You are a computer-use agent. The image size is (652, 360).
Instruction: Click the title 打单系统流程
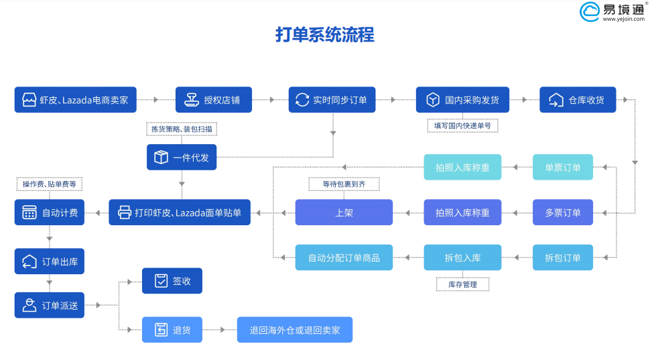click(x=325, y=35)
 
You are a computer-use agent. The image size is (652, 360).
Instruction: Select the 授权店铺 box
click(x=214, y=100)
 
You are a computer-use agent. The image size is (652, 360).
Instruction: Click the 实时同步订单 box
click(x=332, y=100)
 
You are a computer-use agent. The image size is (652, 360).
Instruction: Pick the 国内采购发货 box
click(x=462, y=100)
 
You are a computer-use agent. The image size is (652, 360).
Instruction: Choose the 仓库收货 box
click(x=578, y=100)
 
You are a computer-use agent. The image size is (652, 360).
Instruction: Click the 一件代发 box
click(x=182, y=158)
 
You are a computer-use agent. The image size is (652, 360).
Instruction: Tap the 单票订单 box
click(x=563, y=168)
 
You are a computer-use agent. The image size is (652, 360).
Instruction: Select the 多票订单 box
click(x=563, y=213)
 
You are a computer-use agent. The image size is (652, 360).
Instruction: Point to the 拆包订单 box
click(x=563, y=257)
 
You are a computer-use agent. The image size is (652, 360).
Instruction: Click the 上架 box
click(x=344, y=213)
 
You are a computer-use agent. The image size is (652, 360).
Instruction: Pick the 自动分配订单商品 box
click(x=344, y=257)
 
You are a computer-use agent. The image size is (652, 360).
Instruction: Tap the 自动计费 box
click(x=50, y=213)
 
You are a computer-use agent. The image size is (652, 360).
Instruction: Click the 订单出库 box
click(x=50, y=261)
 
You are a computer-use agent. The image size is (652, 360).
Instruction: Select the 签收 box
click(x=172, y=281)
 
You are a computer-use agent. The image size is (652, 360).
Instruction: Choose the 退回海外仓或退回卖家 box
click(x=295, y=330)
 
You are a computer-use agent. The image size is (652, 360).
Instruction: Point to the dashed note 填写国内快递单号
click(x=462, y=125)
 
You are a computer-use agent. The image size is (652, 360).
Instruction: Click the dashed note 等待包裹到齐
click(x=344, y=184)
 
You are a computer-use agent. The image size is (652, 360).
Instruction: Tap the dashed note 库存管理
click(x=462, y=285)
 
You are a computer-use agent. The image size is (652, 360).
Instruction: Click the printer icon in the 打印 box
click(x=125, y=213)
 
